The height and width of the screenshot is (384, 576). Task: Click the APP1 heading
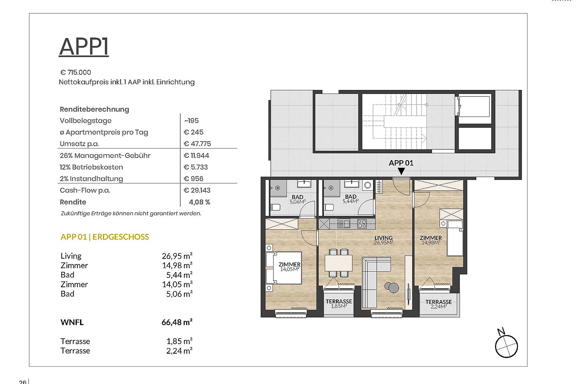coord(84,46)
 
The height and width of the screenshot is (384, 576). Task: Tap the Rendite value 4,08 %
coord(199,202)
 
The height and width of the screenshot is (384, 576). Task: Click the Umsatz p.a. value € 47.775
coord(197,144)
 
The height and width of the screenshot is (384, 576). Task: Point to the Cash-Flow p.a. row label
coord(85,190)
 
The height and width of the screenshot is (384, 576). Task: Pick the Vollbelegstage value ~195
coord(191,121)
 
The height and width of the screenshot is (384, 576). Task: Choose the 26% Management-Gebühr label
coord(105,155)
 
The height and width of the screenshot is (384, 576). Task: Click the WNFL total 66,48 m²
coord(177,322)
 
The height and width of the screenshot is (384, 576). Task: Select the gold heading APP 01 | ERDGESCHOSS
coord(105,237)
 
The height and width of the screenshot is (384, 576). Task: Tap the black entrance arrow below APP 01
coord(401,171)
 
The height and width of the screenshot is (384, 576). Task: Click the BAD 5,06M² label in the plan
coord(297,199)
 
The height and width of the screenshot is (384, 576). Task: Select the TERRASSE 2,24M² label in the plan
coord(438,304)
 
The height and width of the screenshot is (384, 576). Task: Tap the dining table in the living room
coord(338,263)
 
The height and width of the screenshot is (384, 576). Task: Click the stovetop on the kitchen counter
coord(362,223)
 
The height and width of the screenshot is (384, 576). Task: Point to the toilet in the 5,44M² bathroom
coord(329,207)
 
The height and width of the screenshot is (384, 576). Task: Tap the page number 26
coord(23,382)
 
